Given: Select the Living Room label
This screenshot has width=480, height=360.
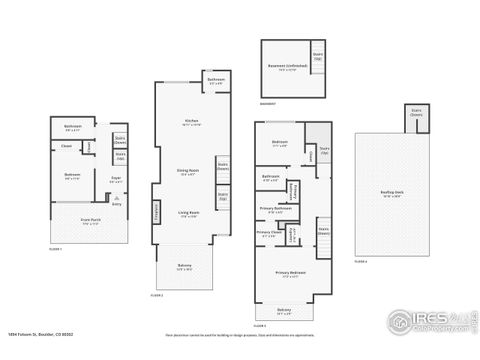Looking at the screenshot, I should (188, 213).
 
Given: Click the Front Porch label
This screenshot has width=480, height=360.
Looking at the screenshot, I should (91, 221).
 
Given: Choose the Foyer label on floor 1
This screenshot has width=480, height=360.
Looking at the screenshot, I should (115, 179).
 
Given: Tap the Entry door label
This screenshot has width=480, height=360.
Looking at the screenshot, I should (115, 203).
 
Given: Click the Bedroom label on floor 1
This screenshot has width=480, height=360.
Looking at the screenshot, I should (72, 175).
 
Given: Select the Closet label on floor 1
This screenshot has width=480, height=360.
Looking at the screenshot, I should (66, 145).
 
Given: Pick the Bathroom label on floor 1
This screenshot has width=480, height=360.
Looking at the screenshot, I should (73, 126).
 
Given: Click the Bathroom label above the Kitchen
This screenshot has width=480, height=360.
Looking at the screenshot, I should (215, 80).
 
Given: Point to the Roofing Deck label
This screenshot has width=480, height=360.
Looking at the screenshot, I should (392, 195).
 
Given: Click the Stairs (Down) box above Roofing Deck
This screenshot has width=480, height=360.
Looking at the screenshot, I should (416, 114).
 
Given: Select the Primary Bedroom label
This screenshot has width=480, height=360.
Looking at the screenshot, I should (291, 273).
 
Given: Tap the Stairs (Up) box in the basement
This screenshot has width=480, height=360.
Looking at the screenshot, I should (318, 56).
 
